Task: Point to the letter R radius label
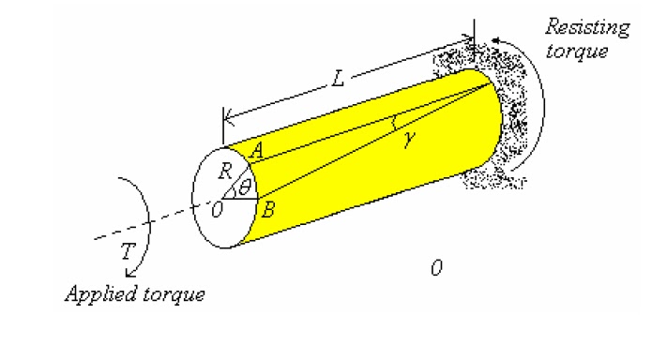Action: (x=225, y=172)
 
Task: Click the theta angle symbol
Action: (x=245, y=188)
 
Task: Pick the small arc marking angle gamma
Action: (x=395, y=122)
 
